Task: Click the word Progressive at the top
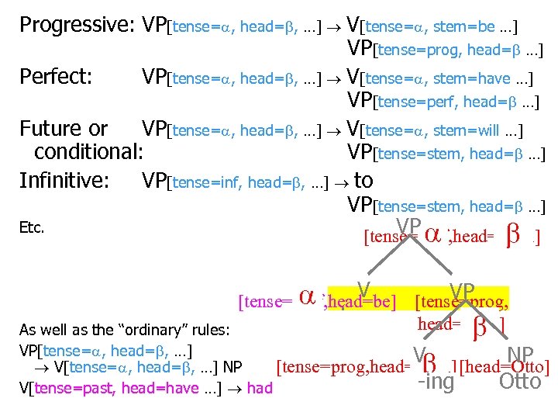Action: pyautogui.click(x=74, y=26)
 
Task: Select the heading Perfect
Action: pyautogui.click(x=55, y=77)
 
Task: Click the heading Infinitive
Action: pyautogui.click(x=64, y=180)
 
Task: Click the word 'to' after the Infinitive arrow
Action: pyautogui.click(x=363, y=180)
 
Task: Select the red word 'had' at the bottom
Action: pyautogui.click(x=260, y=386)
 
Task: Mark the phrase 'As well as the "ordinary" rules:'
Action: pyautogui.click(x=124, y=329)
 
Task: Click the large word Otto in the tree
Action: pyautogui.click(x=520, y=381)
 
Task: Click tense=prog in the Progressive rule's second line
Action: pyautogui.click(x=417, y=52)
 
